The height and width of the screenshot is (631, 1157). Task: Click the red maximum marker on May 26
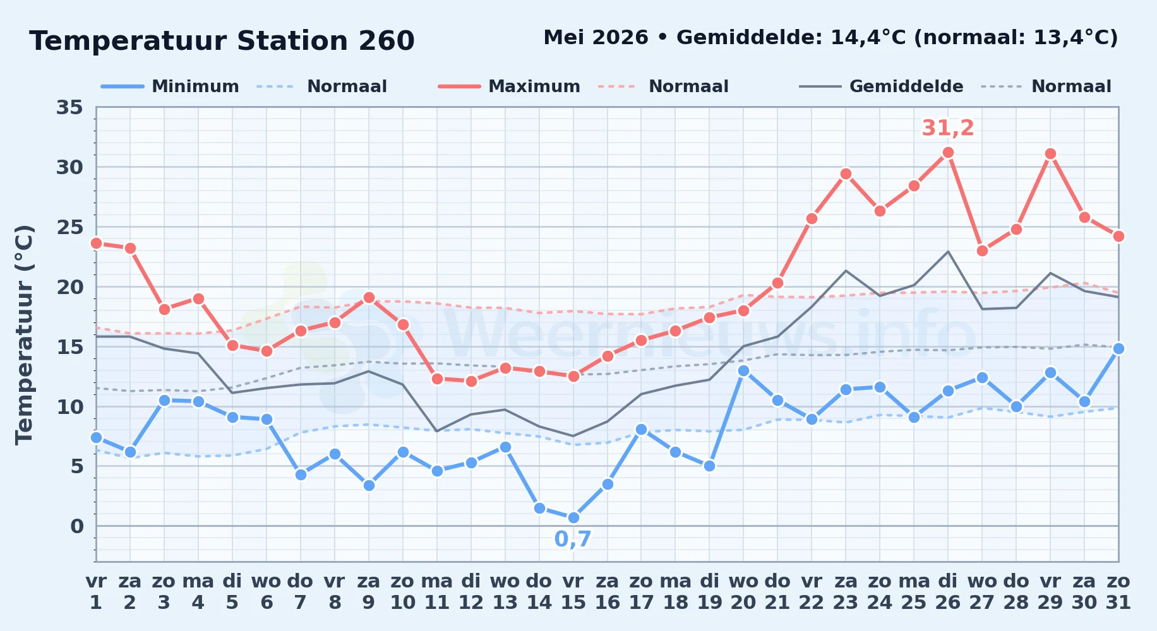tap(948, 153)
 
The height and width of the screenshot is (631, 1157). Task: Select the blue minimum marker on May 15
tap(573, 517)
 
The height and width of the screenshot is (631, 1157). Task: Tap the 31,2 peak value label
tap(948, 128)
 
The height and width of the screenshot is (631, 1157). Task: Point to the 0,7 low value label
tap(573, 539)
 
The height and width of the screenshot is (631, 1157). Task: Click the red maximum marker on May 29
tap(1050, 154)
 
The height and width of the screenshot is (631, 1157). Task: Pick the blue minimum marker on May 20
tap(743, 370)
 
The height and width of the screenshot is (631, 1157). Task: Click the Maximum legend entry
tap(510, 86)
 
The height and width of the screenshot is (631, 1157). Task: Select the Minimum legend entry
tap(170, 86)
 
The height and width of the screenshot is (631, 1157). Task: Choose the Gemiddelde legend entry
tap(882, 86)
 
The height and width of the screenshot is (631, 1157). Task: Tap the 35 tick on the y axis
tap(69, 107)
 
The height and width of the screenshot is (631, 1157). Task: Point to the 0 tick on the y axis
tap(77, 526)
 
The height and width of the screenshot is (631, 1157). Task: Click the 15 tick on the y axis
tap(69, 346)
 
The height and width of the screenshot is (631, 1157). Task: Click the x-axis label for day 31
tap(1118, 591)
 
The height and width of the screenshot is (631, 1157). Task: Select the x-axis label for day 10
tap(402, 591)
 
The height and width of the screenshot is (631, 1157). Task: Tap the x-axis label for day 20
tap(743, 591)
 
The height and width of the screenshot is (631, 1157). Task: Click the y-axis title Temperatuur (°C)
tap(24, 334)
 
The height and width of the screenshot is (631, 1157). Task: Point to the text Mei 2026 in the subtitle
tap(596, 37)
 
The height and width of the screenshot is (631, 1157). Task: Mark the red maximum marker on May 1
tap(96, 243)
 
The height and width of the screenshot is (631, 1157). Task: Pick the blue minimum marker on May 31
tap(1118, 348)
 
